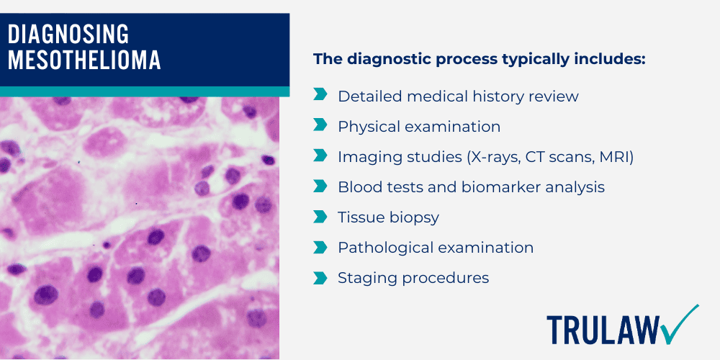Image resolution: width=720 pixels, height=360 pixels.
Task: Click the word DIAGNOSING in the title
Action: [69, 34]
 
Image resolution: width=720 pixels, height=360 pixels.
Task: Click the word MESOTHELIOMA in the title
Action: [84, 60]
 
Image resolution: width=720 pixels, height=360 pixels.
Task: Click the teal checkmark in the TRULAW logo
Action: [680, 323]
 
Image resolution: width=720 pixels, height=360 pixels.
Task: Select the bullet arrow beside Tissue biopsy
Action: [320, 217]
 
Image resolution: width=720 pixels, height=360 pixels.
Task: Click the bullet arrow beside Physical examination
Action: [320, 126]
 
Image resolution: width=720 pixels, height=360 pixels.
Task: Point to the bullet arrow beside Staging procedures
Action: [320, 277]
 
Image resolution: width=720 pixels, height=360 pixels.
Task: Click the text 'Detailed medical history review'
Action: [458, 96]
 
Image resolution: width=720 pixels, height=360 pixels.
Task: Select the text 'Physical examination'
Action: [419, 126]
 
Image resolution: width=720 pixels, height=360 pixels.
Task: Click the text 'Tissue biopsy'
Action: [388, 217]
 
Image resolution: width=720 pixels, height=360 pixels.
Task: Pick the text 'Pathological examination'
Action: [436, 247]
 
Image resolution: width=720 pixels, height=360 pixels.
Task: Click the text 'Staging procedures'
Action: [413, 277]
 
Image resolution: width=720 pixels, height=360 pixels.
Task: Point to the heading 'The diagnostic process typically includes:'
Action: [480, 59]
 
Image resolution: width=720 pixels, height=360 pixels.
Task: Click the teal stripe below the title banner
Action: [144, 91]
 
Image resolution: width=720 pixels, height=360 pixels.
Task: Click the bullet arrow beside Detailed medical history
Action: [320, 96]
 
